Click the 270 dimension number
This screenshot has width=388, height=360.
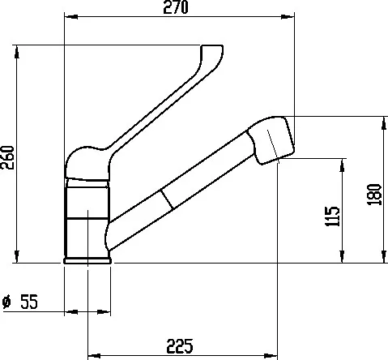click(x=176, y=7)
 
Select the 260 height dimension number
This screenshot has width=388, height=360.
click(x=7, y=157)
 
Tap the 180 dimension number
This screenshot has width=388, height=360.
click(x=374, y=195)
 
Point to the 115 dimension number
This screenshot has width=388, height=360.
click(x=332, y=216)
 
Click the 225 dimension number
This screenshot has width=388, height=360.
click(x=180, y=346)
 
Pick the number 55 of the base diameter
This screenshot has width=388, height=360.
click(x=29, y=302)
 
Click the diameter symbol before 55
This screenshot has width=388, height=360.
click(x=6, y=302)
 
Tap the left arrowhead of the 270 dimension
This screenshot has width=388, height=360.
click(x=71, y=17)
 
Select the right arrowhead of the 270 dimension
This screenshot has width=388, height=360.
click(x=288, y=17)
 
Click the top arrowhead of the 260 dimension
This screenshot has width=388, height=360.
click(x=17, y=52)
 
